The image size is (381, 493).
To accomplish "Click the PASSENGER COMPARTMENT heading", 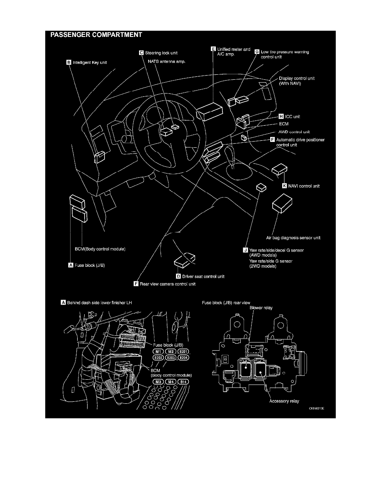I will (96, 35).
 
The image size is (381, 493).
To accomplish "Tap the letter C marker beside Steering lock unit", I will (141, 53).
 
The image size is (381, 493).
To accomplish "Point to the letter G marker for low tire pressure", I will (256, 52).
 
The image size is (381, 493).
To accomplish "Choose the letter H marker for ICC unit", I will (281, 117).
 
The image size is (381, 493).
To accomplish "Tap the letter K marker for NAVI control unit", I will (284, 186).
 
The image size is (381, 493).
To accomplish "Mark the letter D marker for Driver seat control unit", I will (178, 276).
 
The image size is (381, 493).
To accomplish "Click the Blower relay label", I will (260, 308).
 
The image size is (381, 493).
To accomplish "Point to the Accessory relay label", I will (284, 401).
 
